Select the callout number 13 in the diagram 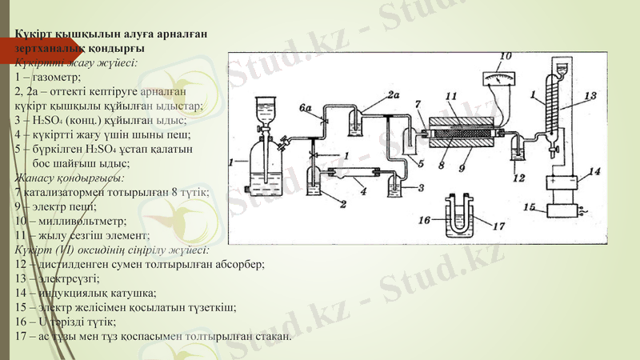click(590, 96)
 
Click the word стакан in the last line click(273, 336)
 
